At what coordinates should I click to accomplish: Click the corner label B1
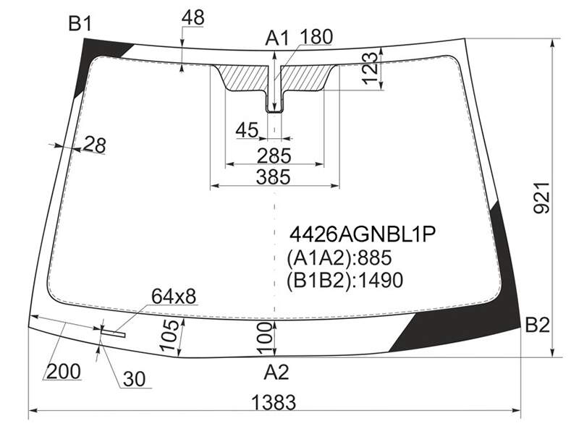pos(80,25)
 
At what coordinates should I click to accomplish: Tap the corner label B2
pos(537,325)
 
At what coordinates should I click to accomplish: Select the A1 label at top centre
pos(277,38)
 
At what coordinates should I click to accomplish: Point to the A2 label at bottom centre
pos(276,372)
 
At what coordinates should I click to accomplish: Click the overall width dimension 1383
pos(274,402)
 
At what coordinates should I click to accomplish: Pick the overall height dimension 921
pos(541,197)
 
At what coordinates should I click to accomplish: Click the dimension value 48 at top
pos(193,17)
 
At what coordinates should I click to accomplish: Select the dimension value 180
pos(316,37)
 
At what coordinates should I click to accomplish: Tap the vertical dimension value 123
pos(371,69)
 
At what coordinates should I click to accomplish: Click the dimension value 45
pos(247,130)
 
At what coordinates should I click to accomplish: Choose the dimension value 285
pos(274,156)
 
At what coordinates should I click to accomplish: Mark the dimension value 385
pos(274,177)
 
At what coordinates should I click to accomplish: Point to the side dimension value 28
pos(95,145)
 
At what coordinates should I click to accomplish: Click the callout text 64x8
pos(174,296)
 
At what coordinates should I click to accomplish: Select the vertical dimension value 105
pos(169,335)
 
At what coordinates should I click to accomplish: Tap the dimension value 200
pos(64,371)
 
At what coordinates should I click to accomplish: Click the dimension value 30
pos(135,379)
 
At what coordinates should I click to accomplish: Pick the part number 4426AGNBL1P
pos(363,234)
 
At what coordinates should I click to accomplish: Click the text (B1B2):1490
pos(345,280)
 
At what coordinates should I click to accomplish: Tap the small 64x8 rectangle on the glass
pos(113,333)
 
